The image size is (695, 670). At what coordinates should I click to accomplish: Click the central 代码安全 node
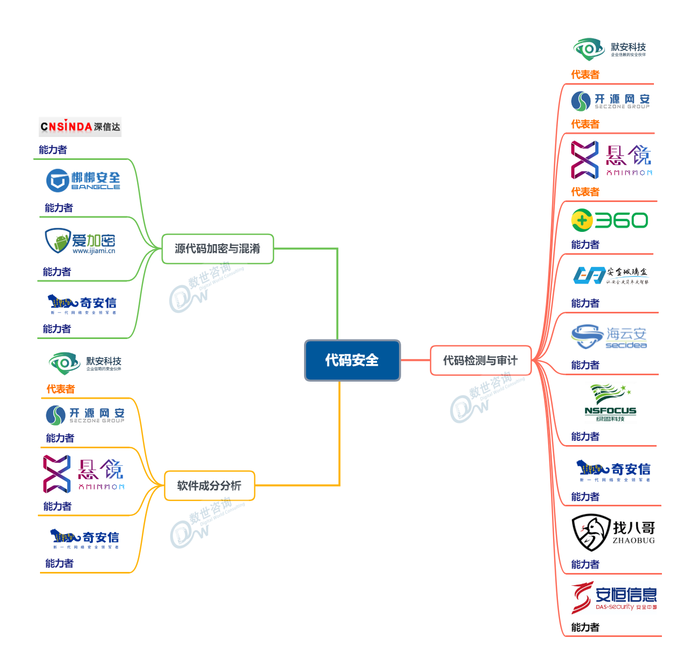352,360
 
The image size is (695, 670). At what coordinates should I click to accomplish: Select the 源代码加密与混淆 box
218,249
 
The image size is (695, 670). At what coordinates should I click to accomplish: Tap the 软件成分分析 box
209,486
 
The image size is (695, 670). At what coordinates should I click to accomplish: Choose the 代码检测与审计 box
481,361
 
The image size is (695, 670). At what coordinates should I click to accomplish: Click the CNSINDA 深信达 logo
80,127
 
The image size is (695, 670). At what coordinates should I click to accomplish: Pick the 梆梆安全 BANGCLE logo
83,180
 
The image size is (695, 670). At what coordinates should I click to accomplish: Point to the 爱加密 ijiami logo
81,241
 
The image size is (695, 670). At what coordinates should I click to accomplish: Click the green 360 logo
610,220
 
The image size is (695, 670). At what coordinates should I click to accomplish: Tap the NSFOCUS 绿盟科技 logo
610,403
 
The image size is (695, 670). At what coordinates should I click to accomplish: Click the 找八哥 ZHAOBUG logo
613,532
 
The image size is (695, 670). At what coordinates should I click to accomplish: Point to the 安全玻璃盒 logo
611,275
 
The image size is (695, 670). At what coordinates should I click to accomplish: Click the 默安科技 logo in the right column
610,49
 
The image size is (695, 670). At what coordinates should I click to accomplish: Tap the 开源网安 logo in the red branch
610,101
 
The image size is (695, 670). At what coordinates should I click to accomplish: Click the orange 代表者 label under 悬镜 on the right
585,192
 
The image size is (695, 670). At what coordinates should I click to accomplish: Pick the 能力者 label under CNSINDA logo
53,150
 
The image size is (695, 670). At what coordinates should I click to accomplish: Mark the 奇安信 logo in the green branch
82,304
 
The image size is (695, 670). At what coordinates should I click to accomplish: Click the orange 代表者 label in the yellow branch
60,389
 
